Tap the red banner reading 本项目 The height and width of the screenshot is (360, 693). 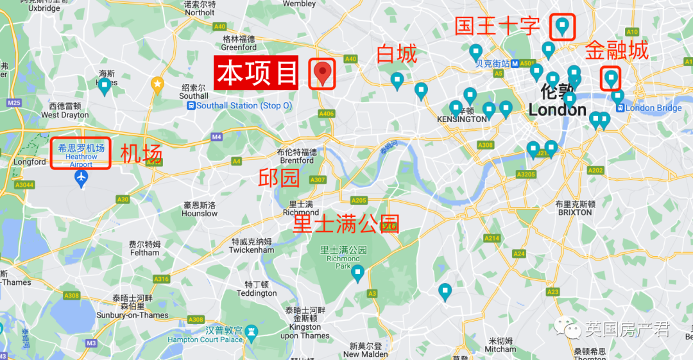(x=257, y=73)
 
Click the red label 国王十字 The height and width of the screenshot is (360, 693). (x=497, y=26)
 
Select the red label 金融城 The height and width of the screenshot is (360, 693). (x=616, y=51)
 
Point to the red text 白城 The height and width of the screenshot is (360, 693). (x=397, y=54)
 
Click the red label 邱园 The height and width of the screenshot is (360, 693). (x=278, y=178)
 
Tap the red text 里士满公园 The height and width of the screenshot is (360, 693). (x=346, y=224)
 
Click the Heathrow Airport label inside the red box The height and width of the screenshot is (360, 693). (x=81, y=156)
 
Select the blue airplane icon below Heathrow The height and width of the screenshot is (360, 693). (x=81, y=179)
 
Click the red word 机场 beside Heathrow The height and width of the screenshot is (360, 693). (x=141, y=154)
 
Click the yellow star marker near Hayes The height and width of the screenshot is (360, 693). (x=157, y=83)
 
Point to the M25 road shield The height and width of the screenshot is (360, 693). (x=13, y=103)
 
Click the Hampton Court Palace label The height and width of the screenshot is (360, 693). (x=205, y=339)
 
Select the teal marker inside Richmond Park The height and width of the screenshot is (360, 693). (x=357, y=273)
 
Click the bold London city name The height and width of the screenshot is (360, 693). (x=557, y=110)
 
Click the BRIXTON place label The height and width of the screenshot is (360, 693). (x=574, y=212)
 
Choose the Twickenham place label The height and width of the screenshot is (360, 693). (x=252, y=250)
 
